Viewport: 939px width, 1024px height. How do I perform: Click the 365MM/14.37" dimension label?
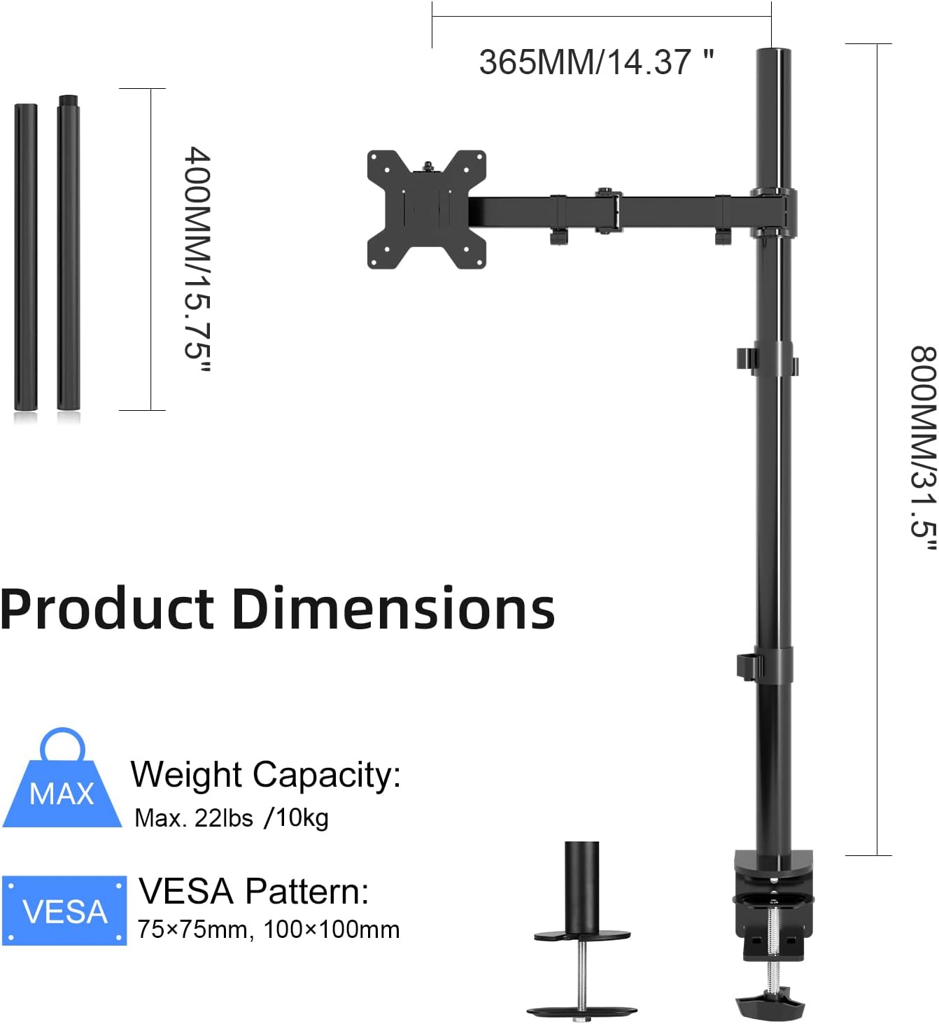click(596, 62)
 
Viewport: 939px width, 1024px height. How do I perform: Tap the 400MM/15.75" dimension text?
click(197, 260)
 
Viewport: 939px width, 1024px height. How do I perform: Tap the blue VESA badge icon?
click(64, 911)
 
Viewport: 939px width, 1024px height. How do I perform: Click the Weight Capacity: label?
click(266, 775)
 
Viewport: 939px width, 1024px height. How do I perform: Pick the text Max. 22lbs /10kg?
click(232, 818)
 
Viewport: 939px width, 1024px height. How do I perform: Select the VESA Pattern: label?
click(253, 891)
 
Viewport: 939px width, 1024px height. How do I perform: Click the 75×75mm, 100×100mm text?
click(269, 930)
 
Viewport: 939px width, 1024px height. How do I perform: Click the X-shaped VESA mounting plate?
click(426, 209)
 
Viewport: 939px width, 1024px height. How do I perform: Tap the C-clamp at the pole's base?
click(773, 903)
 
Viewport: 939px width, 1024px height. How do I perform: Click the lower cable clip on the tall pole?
click(748, 665)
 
